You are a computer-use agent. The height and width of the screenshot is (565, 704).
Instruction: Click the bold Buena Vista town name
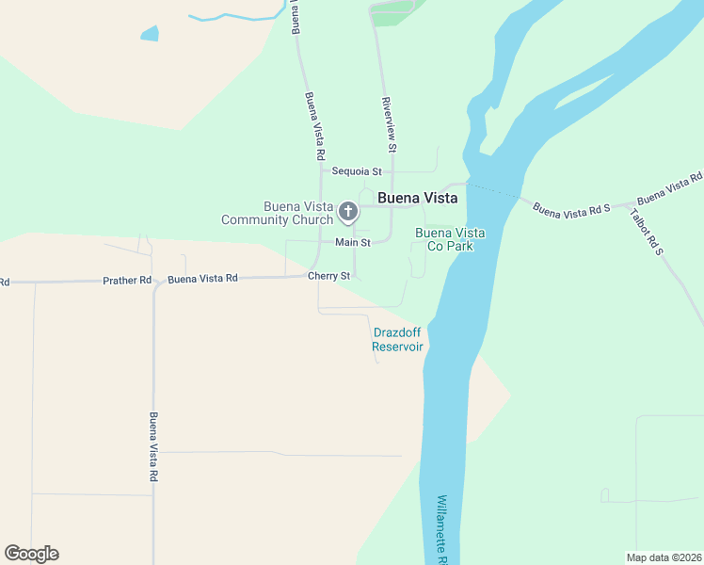coord(417,199)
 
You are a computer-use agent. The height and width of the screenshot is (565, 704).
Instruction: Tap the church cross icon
coord(348,211)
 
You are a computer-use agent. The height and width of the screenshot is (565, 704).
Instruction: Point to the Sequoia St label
coord(357,171)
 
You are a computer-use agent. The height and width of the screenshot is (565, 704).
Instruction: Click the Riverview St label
coord(390,123)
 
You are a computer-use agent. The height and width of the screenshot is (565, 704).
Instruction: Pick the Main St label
coord(353,242)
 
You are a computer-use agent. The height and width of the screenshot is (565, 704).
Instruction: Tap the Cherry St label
coord(328,276)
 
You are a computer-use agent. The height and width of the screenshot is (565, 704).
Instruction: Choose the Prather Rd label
coord(127,281)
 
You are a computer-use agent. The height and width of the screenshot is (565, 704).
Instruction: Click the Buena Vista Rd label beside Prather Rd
coord(202,279)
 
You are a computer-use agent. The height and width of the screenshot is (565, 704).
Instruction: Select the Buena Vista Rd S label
coord(572,208)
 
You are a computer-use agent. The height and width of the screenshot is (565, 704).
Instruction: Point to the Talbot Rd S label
coord(647,231)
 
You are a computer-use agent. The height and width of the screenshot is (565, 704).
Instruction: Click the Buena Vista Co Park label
coord(450,239)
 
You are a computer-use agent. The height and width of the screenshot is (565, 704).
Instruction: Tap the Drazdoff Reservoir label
coord(397,340)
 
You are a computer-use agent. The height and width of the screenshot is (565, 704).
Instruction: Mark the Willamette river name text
coord(443,529)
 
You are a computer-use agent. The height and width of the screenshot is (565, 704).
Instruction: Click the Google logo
coord(31,554)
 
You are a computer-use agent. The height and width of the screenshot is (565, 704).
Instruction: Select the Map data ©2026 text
coord(664,557)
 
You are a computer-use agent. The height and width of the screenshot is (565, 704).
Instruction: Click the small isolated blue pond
coord(150,34)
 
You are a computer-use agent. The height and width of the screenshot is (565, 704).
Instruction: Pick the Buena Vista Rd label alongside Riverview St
coord(315,125)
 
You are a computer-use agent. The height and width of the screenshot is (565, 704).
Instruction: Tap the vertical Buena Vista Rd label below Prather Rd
coord(152,447)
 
